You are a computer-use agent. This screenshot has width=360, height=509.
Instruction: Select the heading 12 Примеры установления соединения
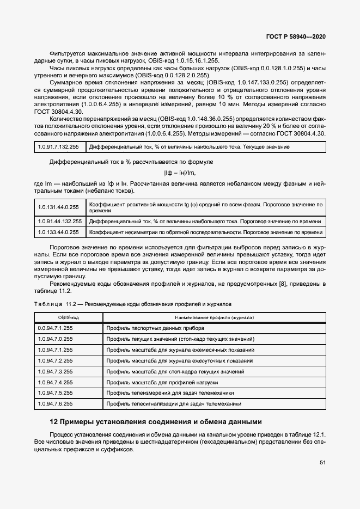[x=156, y=421]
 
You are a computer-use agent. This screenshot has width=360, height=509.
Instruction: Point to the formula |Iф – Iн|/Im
[x=180, y=173]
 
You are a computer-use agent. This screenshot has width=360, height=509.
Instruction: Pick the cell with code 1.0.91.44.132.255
[x=60, y=222]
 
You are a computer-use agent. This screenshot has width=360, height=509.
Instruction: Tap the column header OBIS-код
[x=69, y=317]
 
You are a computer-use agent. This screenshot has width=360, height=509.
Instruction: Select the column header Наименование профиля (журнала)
[x=215, y=317]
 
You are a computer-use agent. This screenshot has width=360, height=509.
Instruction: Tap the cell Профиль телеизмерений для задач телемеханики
[x=170, y=393]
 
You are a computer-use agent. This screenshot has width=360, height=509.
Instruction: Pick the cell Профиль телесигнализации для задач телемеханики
[x=174, y=404]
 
